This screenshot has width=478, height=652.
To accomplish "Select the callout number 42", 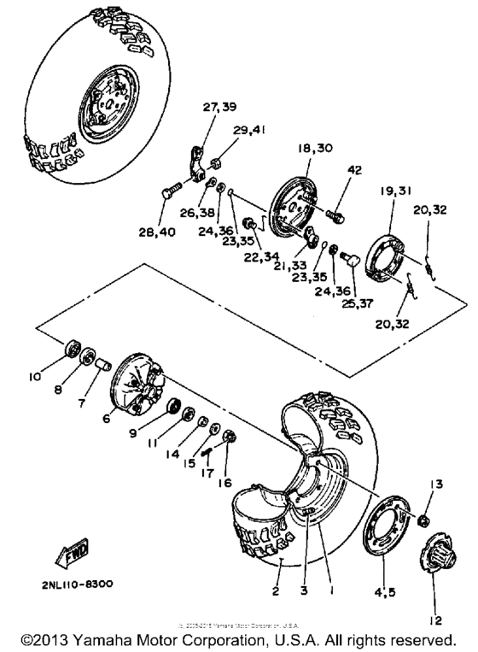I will (353, 169).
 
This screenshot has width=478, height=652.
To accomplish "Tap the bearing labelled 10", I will (73, 350).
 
